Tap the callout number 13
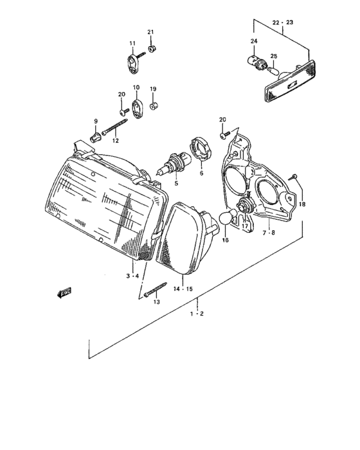click(156, 301)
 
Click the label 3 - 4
click(132, 276)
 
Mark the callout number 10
click(136, 87)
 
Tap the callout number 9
click(96, 121)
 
